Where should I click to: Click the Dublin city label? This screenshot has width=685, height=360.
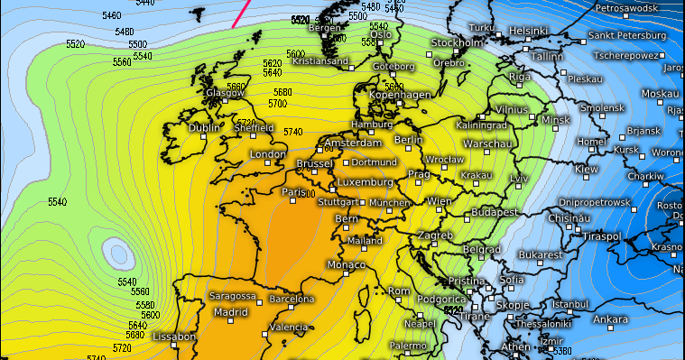click(204, 128)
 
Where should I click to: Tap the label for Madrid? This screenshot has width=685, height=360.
click(230, 312)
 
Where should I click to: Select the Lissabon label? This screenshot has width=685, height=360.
click(175, 337)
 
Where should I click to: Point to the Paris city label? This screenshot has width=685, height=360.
click(294, 191)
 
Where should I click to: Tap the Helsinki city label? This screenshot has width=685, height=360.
click(529, 31)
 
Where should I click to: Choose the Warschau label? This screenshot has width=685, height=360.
click(488, 143)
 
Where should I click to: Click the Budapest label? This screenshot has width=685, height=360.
click(495, 211)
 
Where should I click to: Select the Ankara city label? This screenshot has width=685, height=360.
click(611, 319)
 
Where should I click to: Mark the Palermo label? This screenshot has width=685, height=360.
click(408, 345)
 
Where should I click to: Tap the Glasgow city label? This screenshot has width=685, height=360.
click(225, 93)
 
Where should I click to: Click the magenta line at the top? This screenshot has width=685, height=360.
click(241, 13)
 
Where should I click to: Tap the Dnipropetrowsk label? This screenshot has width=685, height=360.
click(595, 202)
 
